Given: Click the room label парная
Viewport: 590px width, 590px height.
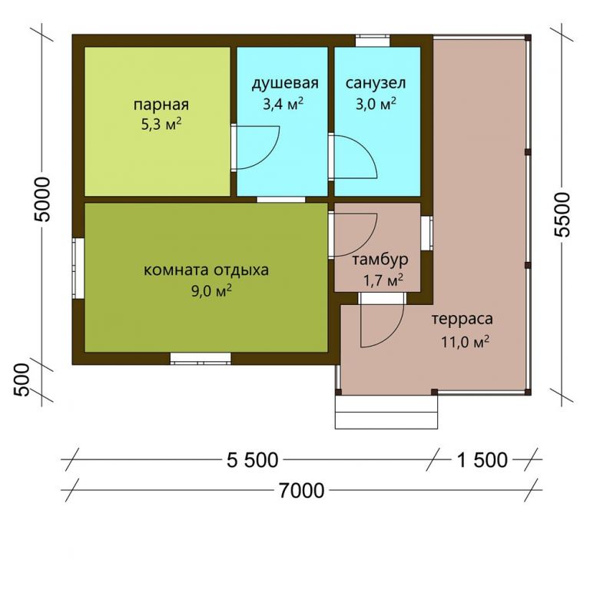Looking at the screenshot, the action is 161,105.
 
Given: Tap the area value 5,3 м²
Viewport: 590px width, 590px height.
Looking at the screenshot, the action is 161,124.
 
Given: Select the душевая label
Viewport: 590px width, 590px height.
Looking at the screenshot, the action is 285,84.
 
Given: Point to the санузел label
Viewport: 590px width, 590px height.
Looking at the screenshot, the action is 376,83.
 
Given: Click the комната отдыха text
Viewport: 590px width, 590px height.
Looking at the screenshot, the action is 206,270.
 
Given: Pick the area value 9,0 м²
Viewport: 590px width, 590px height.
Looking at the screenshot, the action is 211,290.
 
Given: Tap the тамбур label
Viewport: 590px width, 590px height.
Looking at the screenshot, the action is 380,260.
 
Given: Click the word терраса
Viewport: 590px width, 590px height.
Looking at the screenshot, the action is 462,319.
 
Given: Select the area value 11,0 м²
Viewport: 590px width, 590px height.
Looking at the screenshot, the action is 465,342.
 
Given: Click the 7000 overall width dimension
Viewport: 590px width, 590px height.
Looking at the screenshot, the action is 301,491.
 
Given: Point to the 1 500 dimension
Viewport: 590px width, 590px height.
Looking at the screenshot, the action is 482,460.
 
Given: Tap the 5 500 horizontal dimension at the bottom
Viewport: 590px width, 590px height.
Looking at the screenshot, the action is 252,460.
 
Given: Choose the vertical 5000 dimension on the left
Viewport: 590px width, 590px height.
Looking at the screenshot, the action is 41,200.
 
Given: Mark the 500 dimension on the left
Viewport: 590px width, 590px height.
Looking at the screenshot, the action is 22,380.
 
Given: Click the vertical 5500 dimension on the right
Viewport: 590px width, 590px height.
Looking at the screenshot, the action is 562,214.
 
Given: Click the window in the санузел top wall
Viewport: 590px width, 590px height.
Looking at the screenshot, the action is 373,41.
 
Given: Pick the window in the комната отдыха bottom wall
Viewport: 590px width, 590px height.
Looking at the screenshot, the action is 201,358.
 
